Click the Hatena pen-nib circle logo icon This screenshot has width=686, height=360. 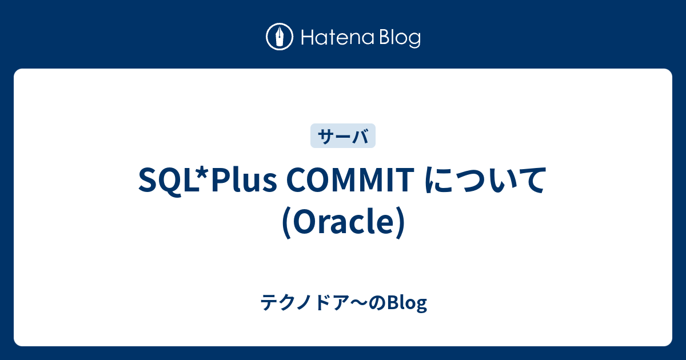click(x=280, y=37)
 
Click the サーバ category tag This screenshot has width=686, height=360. click(x=343, y=136)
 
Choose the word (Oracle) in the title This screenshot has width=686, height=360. click(x=343, y=221)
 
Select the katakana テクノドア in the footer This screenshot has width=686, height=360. click(x=308, y=303)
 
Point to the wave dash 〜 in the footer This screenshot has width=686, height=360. click(x=365, y=303)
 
